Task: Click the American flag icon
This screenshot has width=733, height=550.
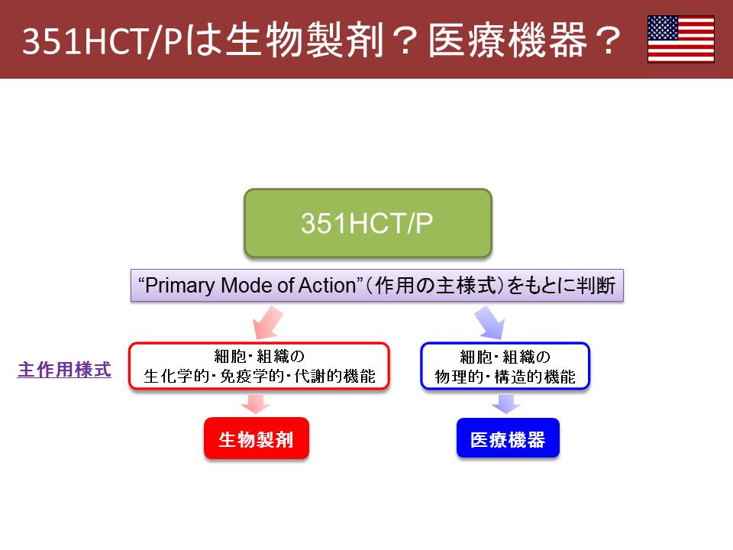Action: tap(680, 39)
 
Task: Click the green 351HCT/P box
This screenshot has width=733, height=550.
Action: tap(368, 223)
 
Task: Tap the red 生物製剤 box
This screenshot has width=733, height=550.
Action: tap(257, 438)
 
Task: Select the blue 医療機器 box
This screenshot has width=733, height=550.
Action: tap(508, 438)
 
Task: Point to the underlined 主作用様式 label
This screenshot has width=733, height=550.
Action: tap(64, 370)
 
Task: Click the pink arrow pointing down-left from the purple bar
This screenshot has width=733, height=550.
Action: tap(267, 322)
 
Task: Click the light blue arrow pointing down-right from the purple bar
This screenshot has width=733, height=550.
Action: tap(490, 322)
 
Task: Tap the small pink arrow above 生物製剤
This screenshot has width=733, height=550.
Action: tap(255, 403)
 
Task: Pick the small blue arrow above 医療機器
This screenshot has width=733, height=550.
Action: tap(505, 403)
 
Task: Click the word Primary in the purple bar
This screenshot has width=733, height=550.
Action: tap(180, 286)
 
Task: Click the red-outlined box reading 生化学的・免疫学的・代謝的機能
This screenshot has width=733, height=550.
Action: tap(259, 366)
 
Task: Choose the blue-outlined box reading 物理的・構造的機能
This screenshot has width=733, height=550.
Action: tap(505, 366)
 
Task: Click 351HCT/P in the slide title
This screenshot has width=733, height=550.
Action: tap(102, 41)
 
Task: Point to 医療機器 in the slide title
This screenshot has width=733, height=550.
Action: tap(508, 40)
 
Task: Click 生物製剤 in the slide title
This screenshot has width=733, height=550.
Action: tap(305, 40)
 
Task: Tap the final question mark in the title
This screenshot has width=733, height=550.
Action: tap(607, 40)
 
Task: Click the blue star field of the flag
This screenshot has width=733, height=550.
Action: tap(663, 27)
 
